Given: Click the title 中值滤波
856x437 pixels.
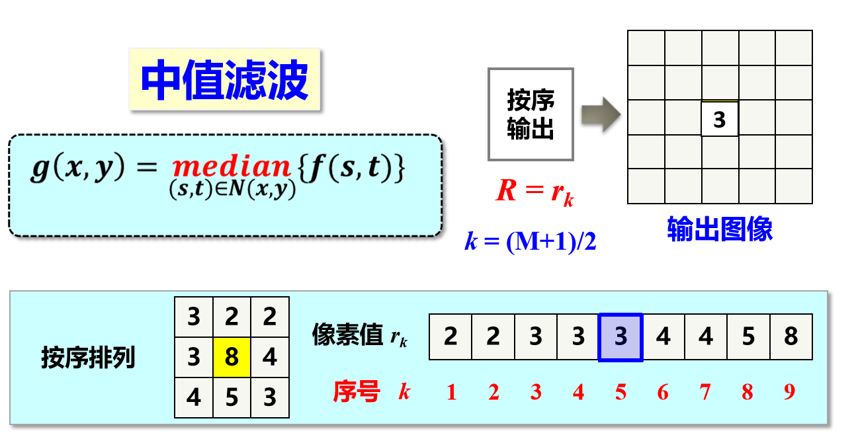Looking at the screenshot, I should (224, 80).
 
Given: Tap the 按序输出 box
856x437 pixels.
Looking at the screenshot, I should (531, 114).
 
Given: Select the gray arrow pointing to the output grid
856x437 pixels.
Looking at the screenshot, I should (600, 114).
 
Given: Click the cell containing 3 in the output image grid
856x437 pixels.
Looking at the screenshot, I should (719, 120).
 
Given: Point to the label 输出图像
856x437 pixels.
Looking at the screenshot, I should (720, 229).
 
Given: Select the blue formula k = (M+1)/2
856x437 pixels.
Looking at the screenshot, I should (531, 242).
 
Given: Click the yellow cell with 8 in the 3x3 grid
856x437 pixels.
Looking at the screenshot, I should (232, 358).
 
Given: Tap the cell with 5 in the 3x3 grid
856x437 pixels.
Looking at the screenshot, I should (232, 398).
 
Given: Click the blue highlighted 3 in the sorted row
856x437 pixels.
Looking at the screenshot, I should (621, 337).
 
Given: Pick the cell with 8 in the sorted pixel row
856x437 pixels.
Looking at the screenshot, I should (791, 337).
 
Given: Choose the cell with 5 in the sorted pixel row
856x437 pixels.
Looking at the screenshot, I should (748, 337).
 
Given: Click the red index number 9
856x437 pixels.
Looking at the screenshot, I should (789, 393).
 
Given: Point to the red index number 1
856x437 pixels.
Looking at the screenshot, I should (451, 393).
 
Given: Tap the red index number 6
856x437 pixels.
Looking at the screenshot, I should (663, 393).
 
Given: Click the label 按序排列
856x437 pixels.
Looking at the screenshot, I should (88, 358).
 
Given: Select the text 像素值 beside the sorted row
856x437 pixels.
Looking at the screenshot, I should (347, 335).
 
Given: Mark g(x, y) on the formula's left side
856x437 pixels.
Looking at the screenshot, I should (77, 168).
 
